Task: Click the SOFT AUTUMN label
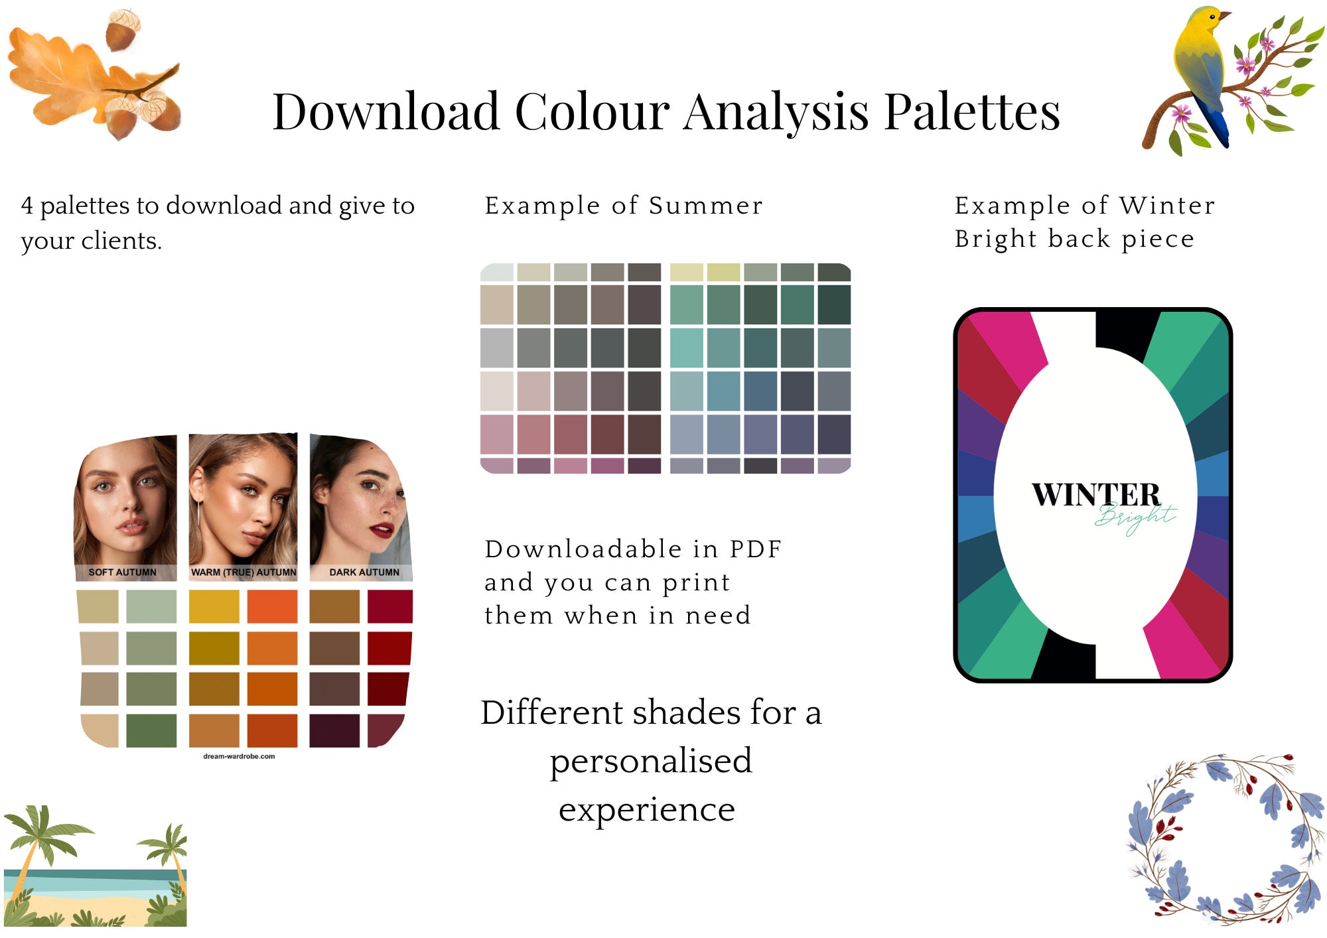click(123, 572)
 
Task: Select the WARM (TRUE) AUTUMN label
click(244, 572)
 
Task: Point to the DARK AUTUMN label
click(364, 572)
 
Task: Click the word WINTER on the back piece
click(1095, 495)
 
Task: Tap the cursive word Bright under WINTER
click(1135, 517)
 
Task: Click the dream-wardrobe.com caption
click(239, 756)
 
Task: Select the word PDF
click(756, 549)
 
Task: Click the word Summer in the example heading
click(706, 206)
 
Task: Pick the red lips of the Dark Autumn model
click(382, 529)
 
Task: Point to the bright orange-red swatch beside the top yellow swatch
click(272, 606)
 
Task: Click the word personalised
click(651, 761)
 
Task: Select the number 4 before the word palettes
click(27, 206)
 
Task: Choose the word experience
click(647, 810)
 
